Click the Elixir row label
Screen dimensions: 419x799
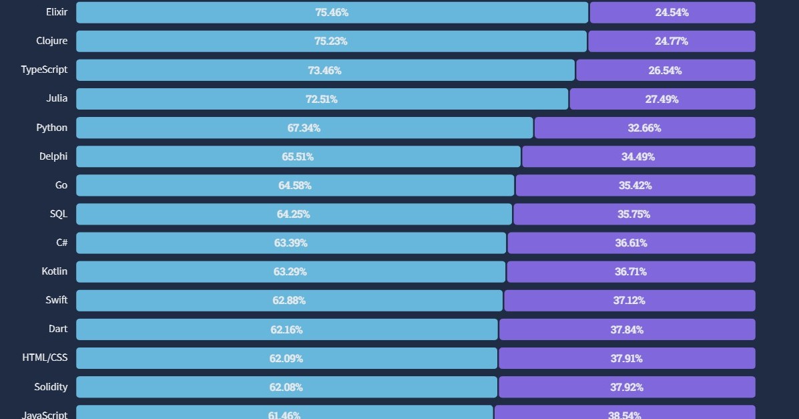(x=57, y=12)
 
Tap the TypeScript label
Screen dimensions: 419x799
(x=44, y=69)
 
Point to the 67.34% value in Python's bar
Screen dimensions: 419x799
(x=304, y=128)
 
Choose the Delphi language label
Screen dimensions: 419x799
(x=53, y=156)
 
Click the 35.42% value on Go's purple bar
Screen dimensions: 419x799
(x=635, y=185)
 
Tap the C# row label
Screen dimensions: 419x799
(x=61, y=243)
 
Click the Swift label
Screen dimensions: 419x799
(x=57, y=300)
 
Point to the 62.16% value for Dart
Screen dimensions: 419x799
(x=286, y=329)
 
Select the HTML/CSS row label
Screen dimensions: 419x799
(x=45, y=358)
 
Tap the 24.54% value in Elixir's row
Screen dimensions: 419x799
(x=672, y=12)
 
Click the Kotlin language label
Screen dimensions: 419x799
(x=54, y=271)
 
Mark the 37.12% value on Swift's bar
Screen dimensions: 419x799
(x=629, y=300)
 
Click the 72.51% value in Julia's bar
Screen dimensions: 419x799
(x=321, y=99)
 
